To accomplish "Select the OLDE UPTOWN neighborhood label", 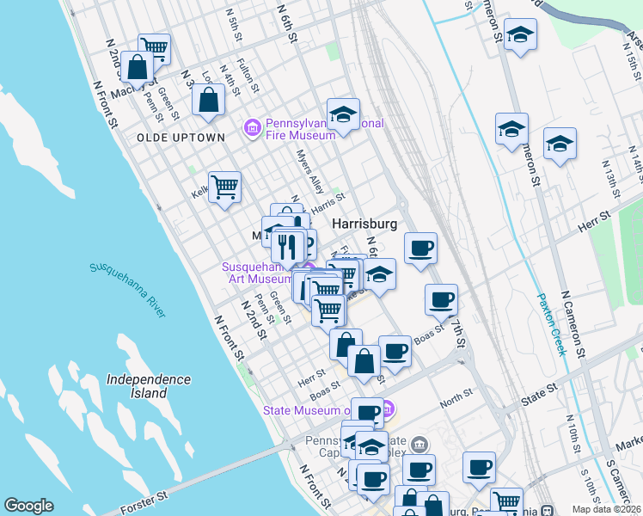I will pos(181,138).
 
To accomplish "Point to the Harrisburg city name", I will pos(364,224).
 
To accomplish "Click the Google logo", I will pos(29,506).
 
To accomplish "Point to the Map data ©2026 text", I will pos(606,509).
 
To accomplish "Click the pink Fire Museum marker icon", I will pos(252,129).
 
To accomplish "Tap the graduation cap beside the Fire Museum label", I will pos(342,114).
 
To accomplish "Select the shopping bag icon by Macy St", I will pos(138,66).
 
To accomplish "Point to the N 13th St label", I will pos(610,177).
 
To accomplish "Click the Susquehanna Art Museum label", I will pos(258,273).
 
